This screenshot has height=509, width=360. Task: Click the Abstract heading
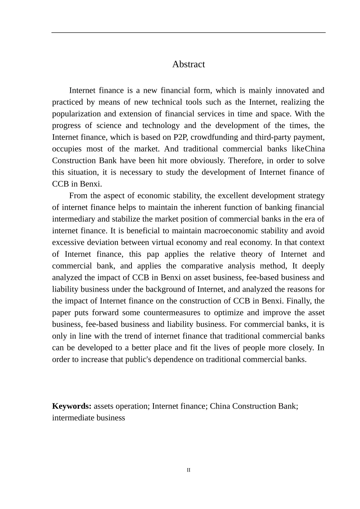click(188, 64)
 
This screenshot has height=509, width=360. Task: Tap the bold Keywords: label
click(72, 406)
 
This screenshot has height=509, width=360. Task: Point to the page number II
click(188, 470)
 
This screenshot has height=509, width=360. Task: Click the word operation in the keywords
click(133, 406)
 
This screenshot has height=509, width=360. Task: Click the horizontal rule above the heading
click(188, 33)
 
